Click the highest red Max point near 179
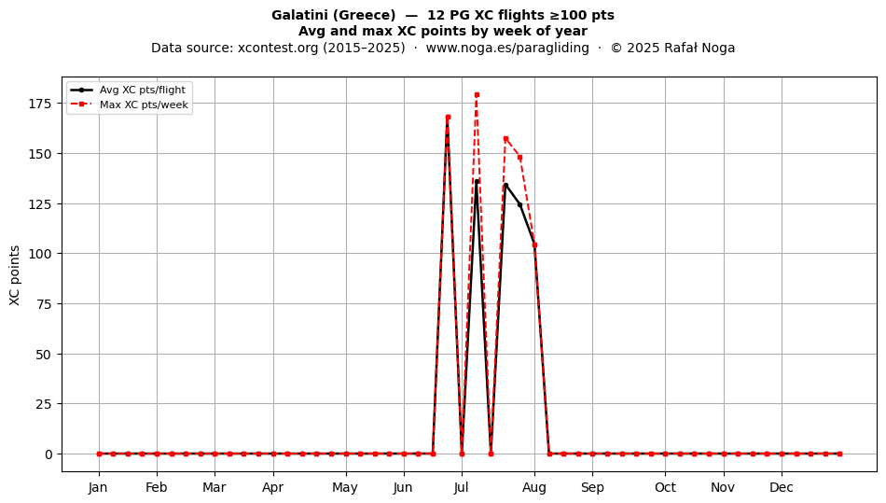(x=477, y=95)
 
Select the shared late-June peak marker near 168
(x=448, y=118)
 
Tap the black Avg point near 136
(x=477, y=182)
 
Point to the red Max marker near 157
(x=505, y=138)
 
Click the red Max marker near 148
(x=519, y=157)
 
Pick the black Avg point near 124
(x=519, y=204)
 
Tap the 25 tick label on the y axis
(x=45, y=404)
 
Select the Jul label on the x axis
(x=462, y=487)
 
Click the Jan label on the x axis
(x=98, y=487)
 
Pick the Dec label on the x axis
(x=782, y=487)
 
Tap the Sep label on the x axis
(x=592, y=487)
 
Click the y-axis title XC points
(x=15, y=276)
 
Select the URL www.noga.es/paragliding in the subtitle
(x=507, y=48)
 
